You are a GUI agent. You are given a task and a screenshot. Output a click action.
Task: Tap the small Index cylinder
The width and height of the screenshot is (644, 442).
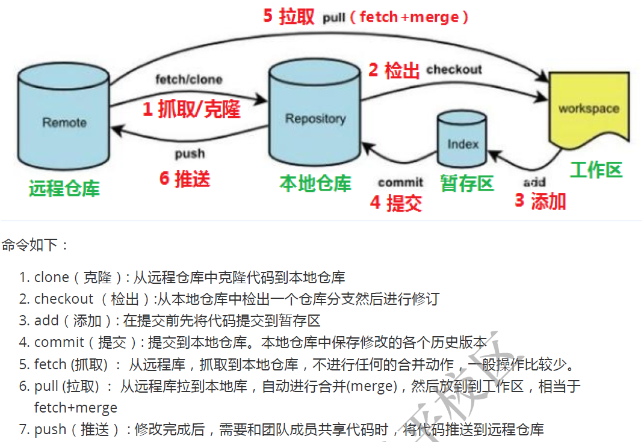click(463, 142)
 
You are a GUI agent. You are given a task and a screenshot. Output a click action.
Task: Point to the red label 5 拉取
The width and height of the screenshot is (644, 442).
click(289, 16)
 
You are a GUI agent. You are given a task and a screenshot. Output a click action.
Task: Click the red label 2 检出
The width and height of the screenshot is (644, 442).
click(394, 70)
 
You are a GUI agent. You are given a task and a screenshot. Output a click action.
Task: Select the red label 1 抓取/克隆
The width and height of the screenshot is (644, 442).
click(191, 109)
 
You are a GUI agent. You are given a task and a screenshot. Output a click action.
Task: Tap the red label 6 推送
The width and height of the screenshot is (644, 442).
click(184, 179)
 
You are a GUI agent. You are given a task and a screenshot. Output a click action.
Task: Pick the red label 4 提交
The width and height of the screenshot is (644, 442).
click(395, 203)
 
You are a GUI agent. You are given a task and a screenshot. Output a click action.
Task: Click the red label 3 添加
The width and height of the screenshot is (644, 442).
click(540, 201)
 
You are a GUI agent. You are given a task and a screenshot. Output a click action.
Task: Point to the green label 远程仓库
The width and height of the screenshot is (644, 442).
click(64, 189)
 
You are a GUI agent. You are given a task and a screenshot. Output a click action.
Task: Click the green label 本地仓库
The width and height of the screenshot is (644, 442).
click(315, 183)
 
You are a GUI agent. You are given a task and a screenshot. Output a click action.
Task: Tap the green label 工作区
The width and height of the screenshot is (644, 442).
click(596, 170)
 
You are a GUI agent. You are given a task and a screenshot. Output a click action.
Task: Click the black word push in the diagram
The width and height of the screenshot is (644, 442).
click(190, 155)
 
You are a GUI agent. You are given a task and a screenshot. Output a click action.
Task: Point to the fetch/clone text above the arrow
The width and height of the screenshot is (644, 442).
click(188, 79)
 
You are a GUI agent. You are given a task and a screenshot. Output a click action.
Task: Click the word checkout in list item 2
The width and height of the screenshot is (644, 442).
click(64, 299)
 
